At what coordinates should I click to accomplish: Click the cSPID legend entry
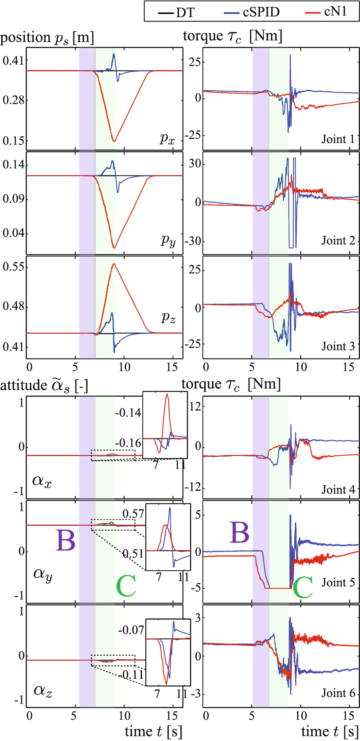click(251, 12)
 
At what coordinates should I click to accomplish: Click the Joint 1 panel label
click(338, 139)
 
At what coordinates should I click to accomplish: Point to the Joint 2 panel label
click(338, 240)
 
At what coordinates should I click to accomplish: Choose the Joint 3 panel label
click(338, 346)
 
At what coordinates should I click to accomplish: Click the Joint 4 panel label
click(338, 489)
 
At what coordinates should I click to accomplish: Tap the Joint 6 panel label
click(338, 693)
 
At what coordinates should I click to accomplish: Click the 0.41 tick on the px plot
click(13, 61)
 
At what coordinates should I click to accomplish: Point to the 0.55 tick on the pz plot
click(13, 267)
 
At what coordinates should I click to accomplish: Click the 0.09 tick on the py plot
click(13, 199)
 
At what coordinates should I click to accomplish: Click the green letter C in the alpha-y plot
click(126, 586)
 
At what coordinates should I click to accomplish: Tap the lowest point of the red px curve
click(114, 141)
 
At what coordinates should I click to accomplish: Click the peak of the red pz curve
click(114, 264)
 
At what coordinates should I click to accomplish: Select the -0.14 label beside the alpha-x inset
click(128, 412)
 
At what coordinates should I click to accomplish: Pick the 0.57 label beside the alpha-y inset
click(133, 514)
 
